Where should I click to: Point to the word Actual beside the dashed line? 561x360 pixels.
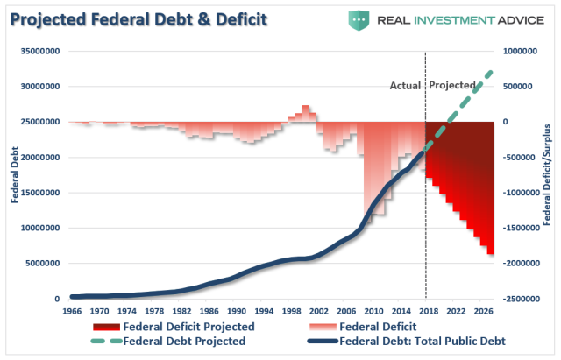point(405,86)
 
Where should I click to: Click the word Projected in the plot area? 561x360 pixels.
point(451,86)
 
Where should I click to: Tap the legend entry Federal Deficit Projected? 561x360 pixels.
point(188,328)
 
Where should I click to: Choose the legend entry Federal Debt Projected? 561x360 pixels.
point(183,342)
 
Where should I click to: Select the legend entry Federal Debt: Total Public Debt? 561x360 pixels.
point(421,342)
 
